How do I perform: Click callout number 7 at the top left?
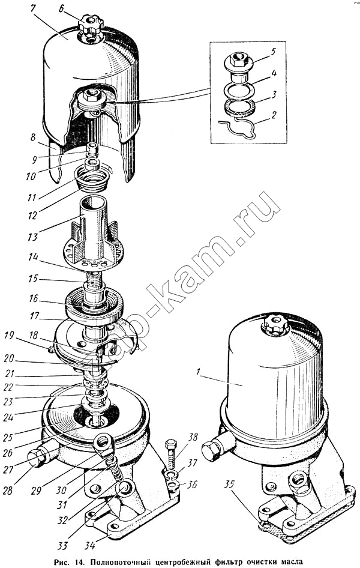(34, 8)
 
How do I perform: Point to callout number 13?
(33, 237)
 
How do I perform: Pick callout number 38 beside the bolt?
(193, 437)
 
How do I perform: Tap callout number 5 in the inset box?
(272, 52)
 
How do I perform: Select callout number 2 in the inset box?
(274, 115)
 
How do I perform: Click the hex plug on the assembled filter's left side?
(211, 452)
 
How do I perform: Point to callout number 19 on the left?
(8, 336)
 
